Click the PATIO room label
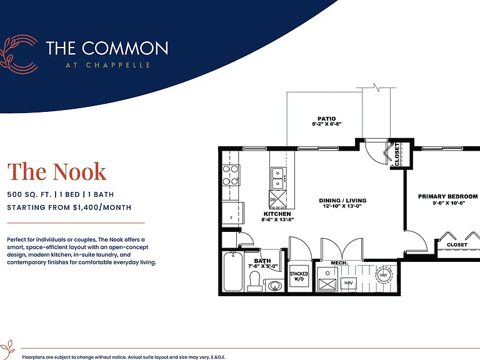pyautogui.click(x=327, y=119)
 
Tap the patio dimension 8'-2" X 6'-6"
pyautogui.click(x=327, y=124)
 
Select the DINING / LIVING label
pyautogui.click(x=342, y=201)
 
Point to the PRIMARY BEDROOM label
pyautogui.click(x=448, y=196)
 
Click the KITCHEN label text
pyautogui.click(x=277, y=214)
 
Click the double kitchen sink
pyautogui.click(x=279, y=179)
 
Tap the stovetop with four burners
pyautogui.click(x=231, y=175)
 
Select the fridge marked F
pyautogui.click(x=232, y=214)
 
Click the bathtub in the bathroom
pyautogui.click(x=233, y=271)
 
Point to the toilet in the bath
pyautogui.click(x=255, y=281)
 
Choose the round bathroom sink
pyautogui.click(x=275, y=286)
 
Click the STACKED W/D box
pyautogui.click(x=299, y=276)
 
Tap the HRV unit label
pyautogui.click(x=348, y=283)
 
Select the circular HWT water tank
pyautogui.click(x=383, y=275)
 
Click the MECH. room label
pyautogui.click(x=339, y=263)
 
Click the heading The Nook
pyautogui.click(x=57, y=171)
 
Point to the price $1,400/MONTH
pyautogui.click(x=102, y=207)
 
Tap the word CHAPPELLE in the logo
pyautogui.click(x=118, y=65)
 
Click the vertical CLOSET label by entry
pyautogui.click(x=397, y=154)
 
